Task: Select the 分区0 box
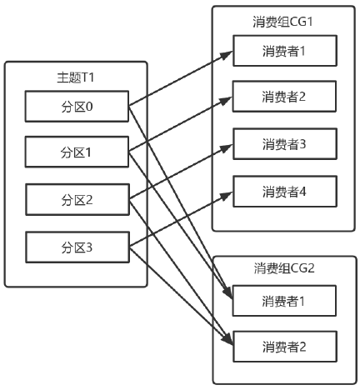click(76, 106)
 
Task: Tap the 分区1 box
click(76, 153)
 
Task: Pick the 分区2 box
click(76, 200)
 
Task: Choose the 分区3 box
click(76, 247)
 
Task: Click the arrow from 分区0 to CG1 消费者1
click(178, 79)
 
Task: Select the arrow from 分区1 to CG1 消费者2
click(178, 126)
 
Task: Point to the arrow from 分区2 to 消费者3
click(178, 172)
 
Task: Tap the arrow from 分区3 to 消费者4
click(178, 220)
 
